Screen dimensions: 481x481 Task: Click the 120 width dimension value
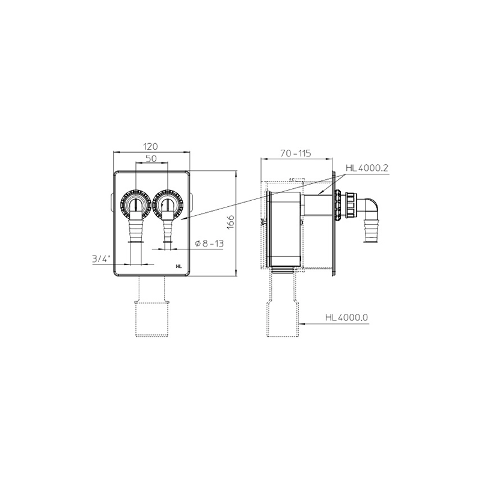[x=151, y=146]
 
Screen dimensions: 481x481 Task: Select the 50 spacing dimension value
[x=152, y=158]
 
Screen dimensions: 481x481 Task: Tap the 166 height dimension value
[x=231, y=222]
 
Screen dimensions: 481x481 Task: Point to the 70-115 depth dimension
[x=296, y=153]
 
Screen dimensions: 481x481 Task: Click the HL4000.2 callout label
[x=367, y=168]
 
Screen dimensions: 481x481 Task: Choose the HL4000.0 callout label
[x=347, y=317]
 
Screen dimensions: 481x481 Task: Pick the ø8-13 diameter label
[x=209, y=244]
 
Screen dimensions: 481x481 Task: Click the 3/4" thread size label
[x=101, y=259]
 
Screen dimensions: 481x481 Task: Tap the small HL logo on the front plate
[x=179, y=266]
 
